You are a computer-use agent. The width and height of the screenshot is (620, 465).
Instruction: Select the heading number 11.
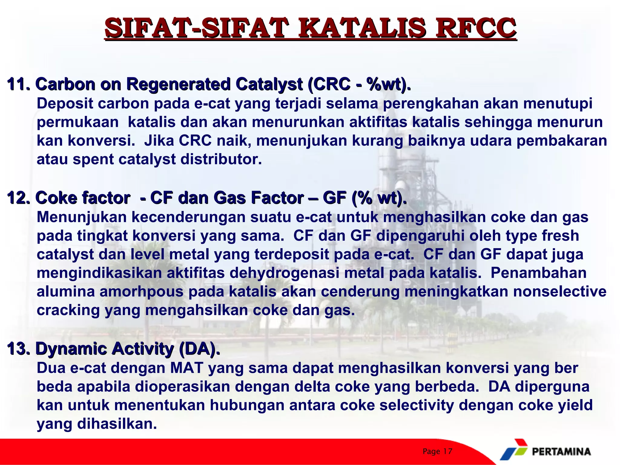click(18, 84)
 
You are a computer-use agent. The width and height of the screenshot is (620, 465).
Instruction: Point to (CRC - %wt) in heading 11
click(359, 84)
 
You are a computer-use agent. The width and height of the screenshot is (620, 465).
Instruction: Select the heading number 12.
click(18, 198)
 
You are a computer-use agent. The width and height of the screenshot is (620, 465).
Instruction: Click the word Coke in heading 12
click(56, 198)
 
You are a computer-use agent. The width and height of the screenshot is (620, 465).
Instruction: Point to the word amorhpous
click(141, 292)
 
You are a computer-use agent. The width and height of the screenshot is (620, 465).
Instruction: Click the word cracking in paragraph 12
click(68, 311)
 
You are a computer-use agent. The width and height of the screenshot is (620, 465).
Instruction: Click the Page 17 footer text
click(437, 452)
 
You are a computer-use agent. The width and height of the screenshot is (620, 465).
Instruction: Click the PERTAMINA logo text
click(561, 452)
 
